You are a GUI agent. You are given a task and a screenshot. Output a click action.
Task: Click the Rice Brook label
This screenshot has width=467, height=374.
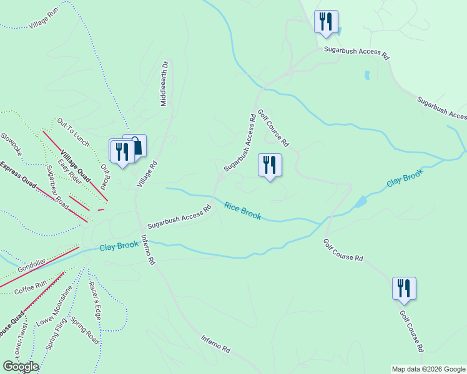243,211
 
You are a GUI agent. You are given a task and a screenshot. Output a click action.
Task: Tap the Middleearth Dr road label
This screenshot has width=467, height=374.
165,83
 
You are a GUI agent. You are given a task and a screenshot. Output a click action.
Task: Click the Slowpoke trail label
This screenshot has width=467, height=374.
11,144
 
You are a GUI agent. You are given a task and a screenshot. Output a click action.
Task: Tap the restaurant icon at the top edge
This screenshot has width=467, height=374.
326,22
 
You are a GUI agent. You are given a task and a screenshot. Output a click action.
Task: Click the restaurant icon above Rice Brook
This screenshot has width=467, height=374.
270,165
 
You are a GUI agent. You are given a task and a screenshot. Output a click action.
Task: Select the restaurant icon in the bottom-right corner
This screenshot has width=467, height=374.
404,289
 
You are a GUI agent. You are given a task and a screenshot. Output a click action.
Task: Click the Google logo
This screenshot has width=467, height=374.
20,367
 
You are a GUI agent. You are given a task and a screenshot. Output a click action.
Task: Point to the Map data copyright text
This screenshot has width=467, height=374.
429,369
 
